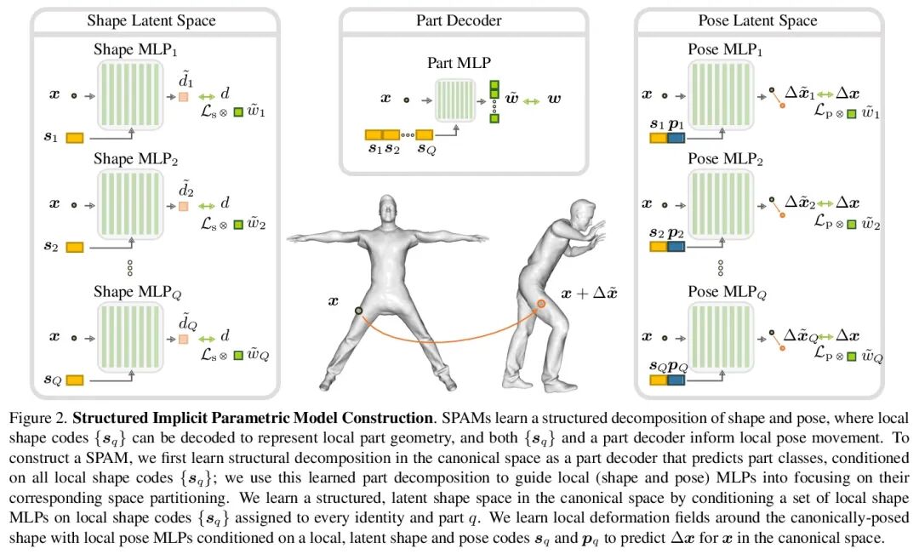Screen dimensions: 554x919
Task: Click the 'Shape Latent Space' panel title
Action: [x=151, y=20]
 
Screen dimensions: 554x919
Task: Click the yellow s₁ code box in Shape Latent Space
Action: [x=74, y=137]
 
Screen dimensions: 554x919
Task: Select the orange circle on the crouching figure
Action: [x=540, y=303]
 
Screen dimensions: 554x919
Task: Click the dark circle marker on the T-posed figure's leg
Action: [x=359, y=311]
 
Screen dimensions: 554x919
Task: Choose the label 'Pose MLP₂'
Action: [x=726, y=159]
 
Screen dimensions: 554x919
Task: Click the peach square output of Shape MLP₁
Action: [x=183, y=98]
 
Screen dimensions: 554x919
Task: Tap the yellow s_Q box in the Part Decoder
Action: [x=424, y=134]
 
